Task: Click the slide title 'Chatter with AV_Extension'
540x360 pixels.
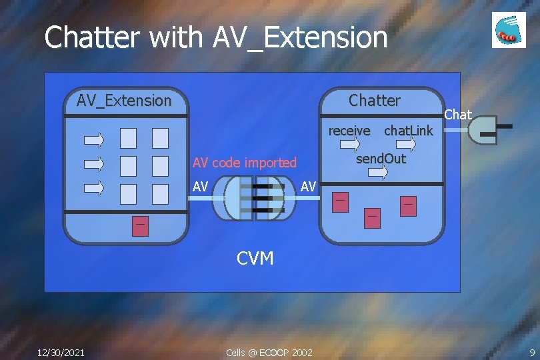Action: tap(215, 37)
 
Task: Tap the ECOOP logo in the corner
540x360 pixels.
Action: tap(509, 30)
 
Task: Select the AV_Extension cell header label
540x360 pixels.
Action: tap(124, 101)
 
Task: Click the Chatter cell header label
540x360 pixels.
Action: tap(375, 101)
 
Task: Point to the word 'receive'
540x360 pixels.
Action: tap(349, 131)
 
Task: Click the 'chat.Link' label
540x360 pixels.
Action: tap(408, 131)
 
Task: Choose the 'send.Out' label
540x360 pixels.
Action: tap(381, 159)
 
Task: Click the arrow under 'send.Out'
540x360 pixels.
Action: tap(378, 173)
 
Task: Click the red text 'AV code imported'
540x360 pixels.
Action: tap(244, 163)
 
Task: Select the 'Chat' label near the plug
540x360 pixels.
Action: tap(458, 115)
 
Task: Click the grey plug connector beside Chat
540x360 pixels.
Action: tap(485, 131)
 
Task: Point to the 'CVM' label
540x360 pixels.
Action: tap(255, 258)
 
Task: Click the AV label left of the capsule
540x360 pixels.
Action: tap(200, 187)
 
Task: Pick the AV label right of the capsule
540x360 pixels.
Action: tap(308, 187)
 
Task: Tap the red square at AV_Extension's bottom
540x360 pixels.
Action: tap(140, 226)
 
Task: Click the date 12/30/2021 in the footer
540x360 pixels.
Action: tap(61, 352)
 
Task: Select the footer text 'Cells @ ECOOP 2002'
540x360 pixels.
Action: tap(269, 352)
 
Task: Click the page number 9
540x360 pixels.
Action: tap(532, 352)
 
